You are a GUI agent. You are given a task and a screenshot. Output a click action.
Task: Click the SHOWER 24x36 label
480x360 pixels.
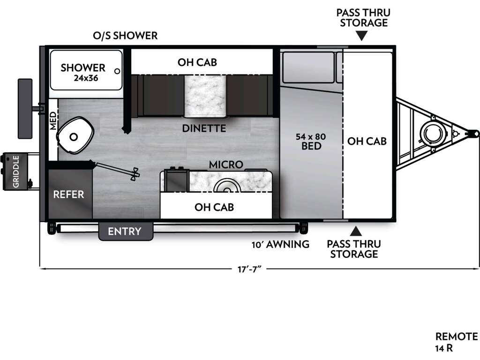click(83, 72)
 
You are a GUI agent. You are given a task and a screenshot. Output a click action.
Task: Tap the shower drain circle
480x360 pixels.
click(117, 71)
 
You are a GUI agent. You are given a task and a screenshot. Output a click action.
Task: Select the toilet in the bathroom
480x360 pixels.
click(75, 135)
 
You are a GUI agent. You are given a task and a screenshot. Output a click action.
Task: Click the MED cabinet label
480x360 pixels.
click(53, 120)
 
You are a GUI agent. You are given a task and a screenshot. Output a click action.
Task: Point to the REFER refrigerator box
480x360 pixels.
click(70, 194)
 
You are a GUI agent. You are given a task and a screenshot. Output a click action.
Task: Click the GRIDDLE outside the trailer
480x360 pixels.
click(15, 172)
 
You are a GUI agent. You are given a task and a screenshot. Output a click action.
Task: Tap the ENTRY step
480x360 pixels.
click(125, 232)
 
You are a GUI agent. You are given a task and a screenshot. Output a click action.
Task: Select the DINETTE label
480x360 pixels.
click(204, 128)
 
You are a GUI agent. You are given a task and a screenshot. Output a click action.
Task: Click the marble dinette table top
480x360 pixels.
click(205, 96)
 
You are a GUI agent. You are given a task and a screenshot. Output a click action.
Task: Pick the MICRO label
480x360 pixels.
click(226, 165)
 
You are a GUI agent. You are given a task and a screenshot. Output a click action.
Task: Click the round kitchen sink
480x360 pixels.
click(227, 186)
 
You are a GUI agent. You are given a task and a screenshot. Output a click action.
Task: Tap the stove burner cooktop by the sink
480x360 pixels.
click(177, 180)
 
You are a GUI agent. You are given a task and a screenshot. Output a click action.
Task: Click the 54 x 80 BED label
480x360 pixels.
click(311, 141)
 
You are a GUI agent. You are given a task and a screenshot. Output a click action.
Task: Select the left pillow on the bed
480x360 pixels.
click(308, 67)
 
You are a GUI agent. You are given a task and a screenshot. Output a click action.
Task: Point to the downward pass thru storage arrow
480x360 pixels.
click(362, 36)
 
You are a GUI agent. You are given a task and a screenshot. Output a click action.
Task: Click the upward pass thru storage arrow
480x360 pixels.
click(356, 231)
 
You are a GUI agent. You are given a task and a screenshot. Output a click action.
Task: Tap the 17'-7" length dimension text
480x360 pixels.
click(249, 270)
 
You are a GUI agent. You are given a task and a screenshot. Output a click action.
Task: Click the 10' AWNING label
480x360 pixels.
click(280, 244)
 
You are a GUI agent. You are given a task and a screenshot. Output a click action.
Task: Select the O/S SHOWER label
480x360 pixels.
click(125, 36)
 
